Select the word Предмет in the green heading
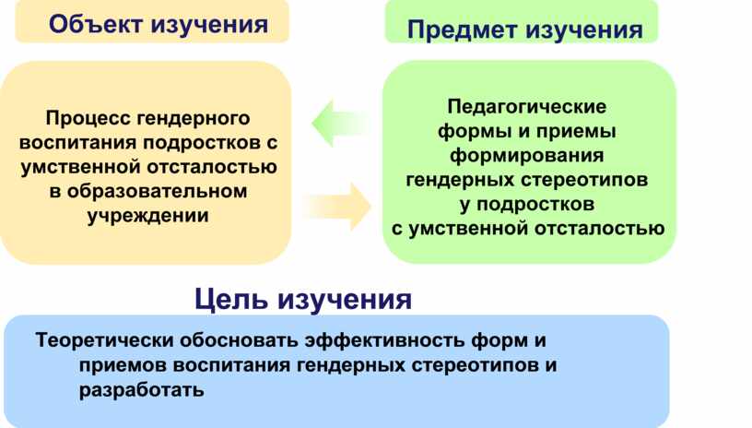click(x=462, y=30)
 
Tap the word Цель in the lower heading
click(x=230, y=299)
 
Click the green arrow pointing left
click(x=340, y=124)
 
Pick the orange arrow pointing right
click(x=339, y=207)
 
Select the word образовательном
click(x=157, y=192)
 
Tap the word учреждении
click(x=147, y=216)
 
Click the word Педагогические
click(x=526, y=106)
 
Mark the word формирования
click(x=526, y=156)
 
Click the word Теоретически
click(x=104, y=340)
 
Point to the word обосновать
click(x=239, y=340)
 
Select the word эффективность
click(x=384, y=340)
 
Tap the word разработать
click(x=142, y=390)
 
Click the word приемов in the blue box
click(x=123, y=365)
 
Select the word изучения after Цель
click(x=345, y=300)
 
